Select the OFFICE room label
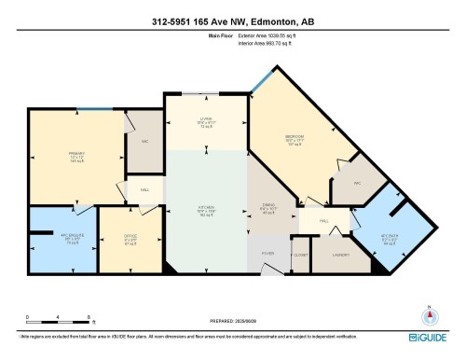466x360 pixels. (130, 240)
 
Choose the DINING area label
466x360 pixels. (267, 208)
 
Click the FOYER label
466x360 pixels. (267, 253)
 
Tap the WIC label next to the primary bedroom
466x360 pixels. (144, 142)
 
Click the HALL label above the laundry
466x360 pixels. (324, 221)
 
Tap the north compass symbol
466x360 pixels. (429, 312)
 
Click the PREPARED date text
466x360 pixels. (232, 323)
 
